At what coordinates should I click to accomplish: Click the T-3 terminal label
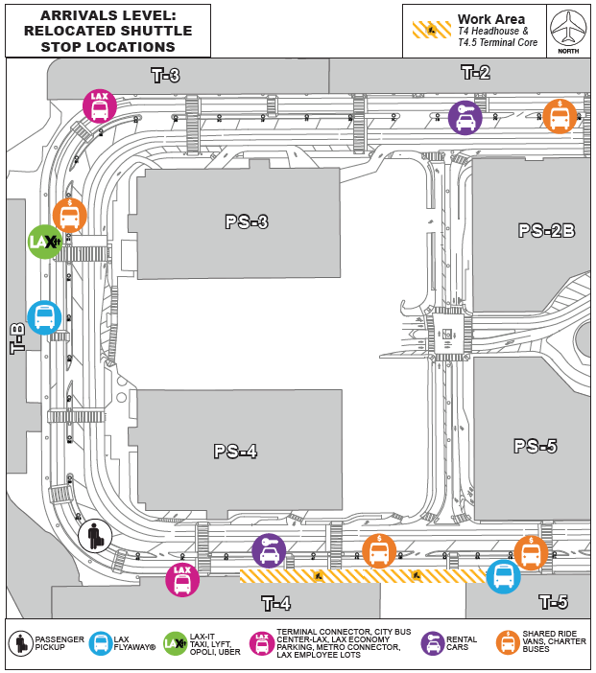(166, 75)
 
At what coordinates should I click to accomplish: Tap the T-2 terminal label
(476, 72)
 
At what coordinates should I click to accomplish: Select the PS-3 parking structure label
(247, 221)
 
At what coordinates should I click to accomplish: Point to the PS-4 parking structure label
(235, 451)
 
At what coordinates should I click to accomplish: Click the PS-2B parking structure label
(546, 230)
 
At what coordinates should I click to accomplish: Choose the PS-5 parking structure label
(536, 446)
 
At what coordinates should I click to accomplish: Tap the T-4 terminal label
(276, 603)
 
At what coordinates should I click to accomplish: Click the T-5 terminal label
(553, 602)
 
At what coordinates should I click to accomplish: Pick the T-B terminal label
(17, 338)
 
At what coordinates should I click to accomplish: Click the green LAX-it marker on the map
(45, 242)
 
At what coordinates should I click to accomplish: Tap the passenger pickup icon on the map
(95, 536)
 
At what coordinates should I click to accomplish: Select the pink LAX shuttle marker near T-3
(100, 106)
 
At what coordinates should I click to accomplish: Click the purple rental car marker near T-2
(465, 118)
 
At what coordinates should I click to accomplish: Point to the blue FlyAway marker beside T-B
(44, 317)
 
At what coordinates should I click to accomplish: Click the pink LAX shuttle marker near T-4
(182, 580)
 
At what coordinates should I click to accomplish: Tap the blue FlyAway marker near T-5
(503, 576)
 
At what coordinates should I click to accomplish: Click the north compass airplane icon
(568, 28)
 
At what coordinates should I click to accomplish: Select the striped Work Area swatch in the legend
(432, 30)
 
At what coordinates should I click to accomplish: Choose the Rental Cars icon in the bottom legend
(433, 644)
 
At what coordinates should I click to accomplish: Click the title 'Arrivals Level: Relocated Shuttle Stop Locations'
(107, 31)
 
